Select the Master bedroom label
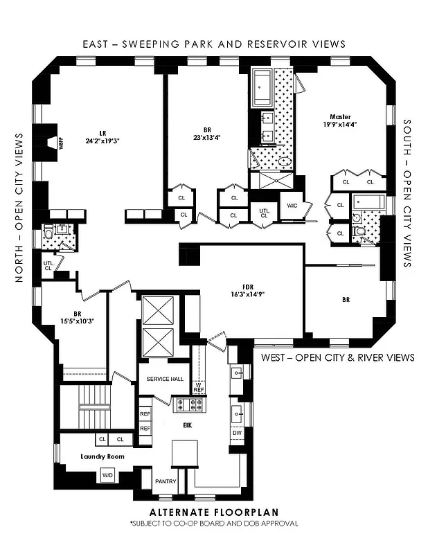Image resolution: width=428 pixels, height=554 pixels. [339, 116]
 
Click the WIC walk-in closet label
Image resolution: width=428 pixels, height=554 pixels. [289, 205]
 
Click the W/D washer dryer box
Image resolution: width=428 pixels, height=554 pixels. [107, 476]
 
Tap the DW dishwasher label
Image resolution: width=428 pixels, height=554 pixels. [238, 431]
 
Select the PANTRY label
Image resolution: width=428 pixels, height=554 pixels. [166, 481]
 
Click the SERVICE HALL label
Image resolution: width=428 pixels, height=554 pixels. [163, 379]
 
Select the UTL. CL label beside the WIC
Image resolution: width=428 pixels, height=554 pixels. [264, 213]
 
